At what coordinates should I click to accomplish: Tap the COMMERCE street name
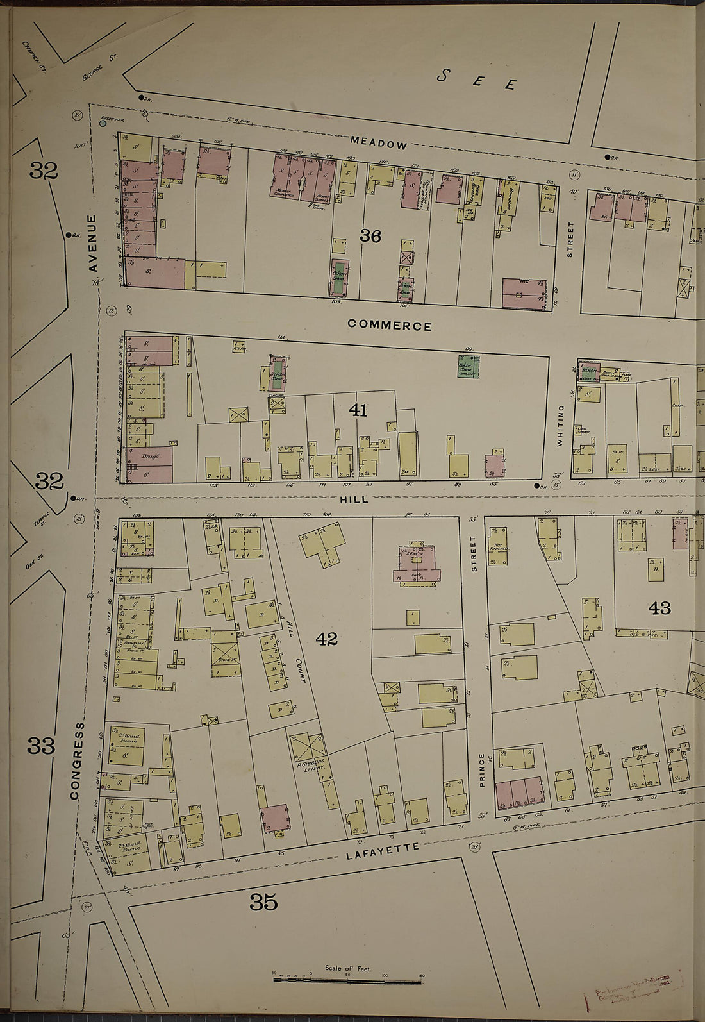pos(389,326)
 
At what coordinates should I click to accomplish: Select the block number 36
pos(370,237)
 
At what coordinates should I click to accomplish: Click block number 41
pos(358,410)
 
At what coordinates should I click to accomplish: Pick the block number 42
pos(326,639)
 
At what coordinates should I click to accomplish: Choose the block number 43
pos(659,607)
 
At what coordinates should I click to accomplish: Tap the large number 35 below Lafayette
pos(263,903)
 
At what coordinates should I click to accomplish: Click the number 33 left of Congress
pos(42,746)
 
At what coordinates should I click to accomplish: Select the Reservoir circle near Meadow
pos(103,123)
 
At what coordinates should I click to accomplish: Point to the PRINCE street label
pos(482,769)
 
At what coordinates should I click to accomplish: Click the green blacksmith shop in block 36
pos(339,278)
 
